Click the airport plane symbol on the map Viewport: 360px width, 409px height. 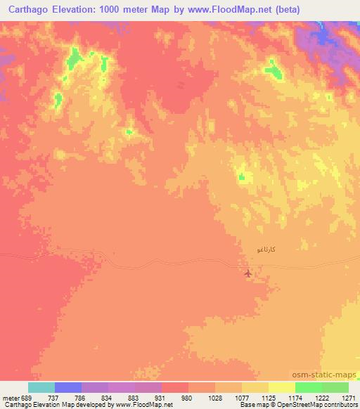tap(247, 272)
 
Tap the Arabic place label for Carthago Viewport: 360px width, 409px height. tap(271, 249)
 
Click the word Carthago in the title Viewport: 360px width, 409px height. tap(27, 9)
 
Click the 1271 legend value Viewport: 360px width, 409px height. tap(348, 397)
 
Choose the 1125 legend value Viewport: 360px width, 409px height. tap(268, 397)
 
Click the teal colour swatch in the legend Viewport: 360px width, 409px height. tap(41, 387)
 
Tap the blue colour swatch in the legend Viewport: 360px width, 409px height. tap(68, 387)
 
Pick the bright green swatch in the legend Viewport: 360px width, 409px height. tap(308, 387)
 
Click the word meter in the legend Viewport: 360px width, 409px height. tap(11, 397)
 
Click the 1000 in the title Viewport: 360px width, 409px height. tap(105, 9)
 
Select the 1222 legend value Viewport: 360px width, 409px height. tap(321, 397)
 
